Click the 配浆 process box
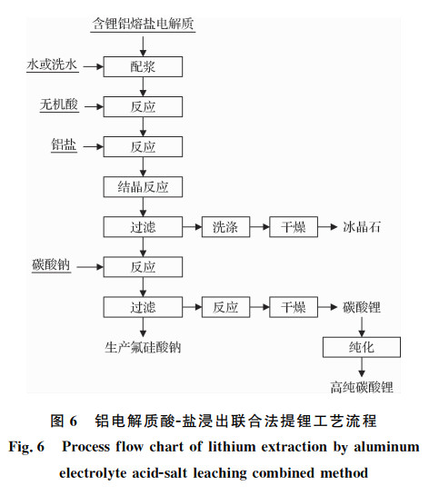pos(143,66)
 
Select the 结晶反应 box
pos(143,187)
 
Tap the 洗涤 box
pos(225,227)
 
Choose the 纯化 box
pos(362,347)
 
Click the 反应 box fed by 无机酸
pos(143,106)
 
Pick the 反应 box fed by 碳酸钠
pos(143,267)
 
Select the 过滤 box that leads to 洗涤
pos(143,227)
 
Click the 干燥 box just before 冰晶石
pos(294,227)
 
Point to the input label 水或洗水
pos(52,64)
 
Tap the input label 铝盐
pos(64,144)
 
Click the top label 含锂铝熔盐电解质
pos(143,24)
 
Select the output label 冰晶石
pos(362,227)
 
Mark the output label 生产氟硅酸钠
pos(143,347)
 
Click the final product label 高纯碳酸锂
pos(362,387)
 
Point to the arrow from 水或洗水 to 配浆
pos(94,66)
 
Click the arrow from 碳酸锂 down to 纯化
pos(362,327)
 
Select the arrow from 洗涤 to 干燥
pos(260,227)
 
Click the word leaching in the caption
pos(220,473)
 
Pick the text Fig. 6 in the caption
pos(26,447)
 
